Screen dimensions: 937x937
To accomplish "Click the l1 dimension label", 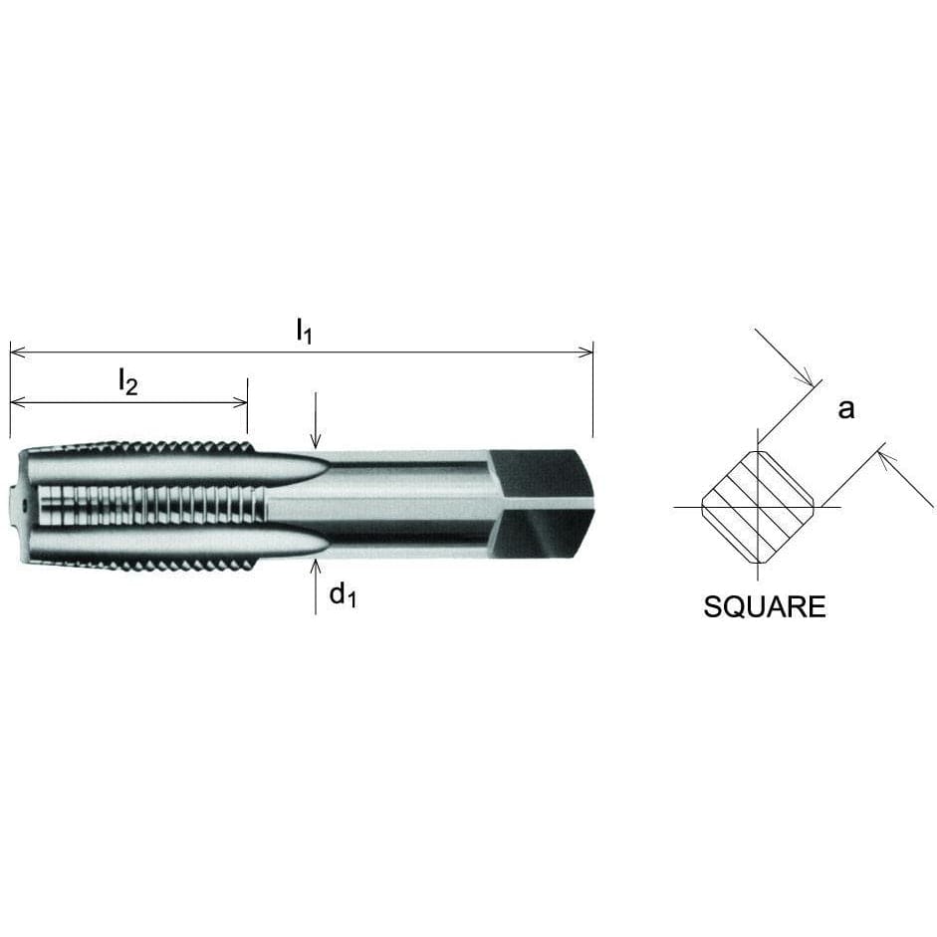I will click(305, 332).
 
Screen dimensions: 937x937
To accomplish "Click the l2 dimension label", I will click(127, 381).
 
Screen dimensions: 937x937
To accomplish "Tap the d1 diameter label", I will click(343, 596).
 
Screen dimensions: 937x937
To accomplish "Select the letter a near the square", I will click(845, 408).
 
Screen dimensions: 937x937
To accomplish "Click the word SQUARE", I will click(764, 606).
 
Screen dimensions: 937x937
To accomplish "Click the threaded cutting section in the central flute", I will click(149, 504).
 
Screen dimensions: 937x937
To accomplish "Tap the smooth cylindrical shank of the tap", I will click(408, 503).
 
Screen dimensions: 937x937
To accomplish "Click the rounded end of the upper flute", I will click(319, 468).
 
